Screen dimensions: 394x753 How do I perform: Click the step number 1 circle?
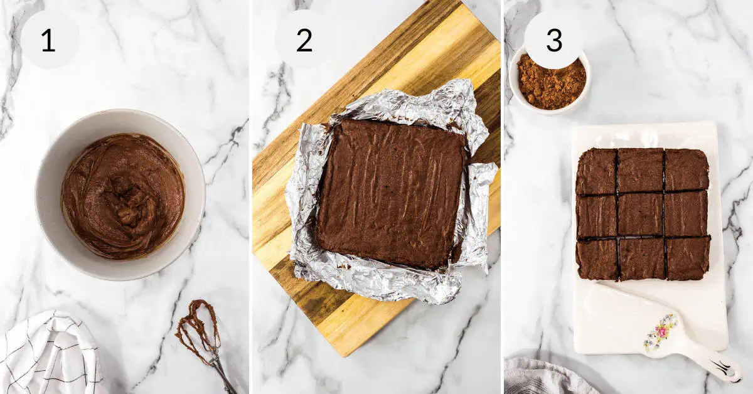click(49, 40)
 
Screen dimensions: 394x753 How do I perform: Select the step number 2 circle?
click(304, 40)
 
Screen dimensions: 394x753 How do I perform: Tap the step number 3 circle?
click(553, 40)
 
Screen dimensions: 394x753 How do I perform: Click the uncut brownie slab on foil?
click(390, 191)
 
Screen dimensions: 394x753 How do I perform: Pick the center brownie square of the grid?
click(641, 215)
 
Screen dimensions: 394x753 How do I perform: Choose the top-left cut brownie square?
click(596, 172)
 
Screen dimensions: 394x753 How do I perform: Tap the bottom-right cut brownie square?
click(688, 258)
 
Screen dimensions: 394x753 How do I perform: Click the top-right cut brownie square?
click(686, 170)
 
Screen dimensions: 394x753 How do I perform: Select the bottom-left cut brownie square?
click(597, 259)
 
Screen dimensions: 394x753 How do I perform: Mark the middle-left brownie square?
click(596, 216)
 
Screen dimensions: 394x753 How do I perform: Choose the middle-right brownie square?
click(686, 213)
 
